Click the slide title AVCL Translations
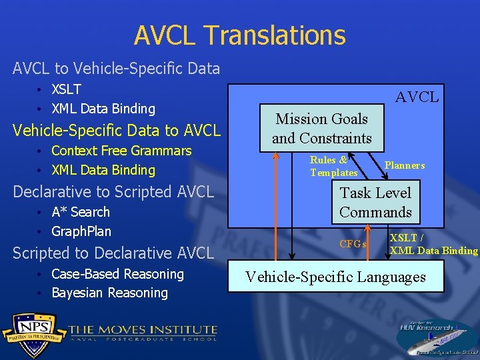pyautogui.click(x=239, y=35)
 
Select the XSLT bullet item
pyautogui.click(x=66, y=89)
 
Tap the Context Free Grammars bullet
pyautogui.click(x=121, y=151)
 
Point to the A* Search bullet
pyautogui.click(x=80, y=212)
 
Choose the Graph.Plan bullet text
pyautogui.click(x=81, y=231)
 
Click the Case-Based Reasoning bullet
pyautogui.click(x=117, y=274)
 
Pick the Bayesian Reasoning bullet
pyautogui.click(x=109, y=293)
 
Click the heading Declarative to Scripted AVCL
pyautogui.click(x=113, y=192)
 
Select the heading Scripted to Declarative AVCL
pyautogui.click(x=113, y=253)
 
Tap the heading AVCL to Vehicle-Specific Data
pyautogui.click(x=116, y=68)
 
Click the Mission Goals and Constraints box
pyautogui.click(x=322, y=129)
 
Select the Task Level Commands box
pyautogui.click(x=375, y=203)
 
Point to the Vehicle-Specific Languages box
pyautogui.click(x=335, y=277)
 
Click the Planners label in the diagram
pyautogui.click(x=404, y=165)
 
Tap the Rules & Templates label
pyautogui.click(x=333, y=167)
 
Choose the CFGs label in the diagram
pyautogui.click(x=353, y=244)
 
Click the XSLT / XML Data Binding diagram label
pyautogui.click(x=433, y=245)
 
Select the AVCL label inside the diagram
pyautogui.click(x=417, y=97)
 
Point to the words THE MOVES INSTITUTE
pyautogui.click(x=143, y=329)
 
